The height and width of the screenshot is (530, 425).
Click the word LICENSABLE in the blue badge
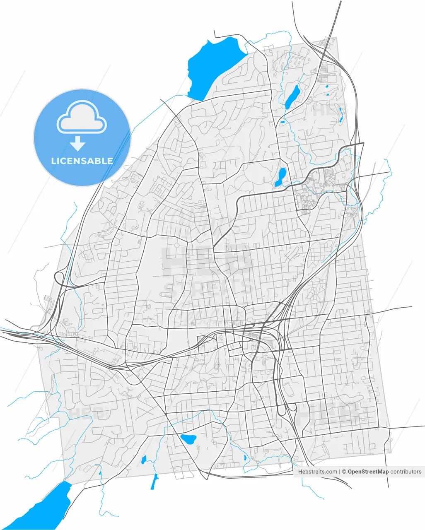click(82, 161)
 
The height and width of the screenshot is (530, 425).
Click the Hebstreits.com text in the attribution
click(317, 471)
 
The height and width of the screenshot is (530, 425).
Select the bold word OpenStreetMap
click(368, 471)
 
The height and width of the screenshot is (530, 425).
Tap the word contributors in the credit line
click(406, 471)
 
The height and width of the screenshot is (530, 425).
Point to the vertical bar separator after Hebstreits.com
click(339, 471)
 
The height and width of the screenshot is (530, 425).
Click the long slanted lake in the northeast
click(292, 97)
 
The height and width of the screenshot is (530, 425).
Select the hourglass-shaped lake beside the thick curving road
click(281, 177)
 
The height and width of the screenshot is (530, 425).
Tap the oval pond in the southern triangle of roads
click(188, 439)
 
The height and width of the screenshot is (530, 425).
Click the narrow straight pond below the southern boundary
click(155, 482)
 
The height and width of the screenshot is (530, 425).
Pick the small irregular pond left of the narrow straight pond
click(144, 459)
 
